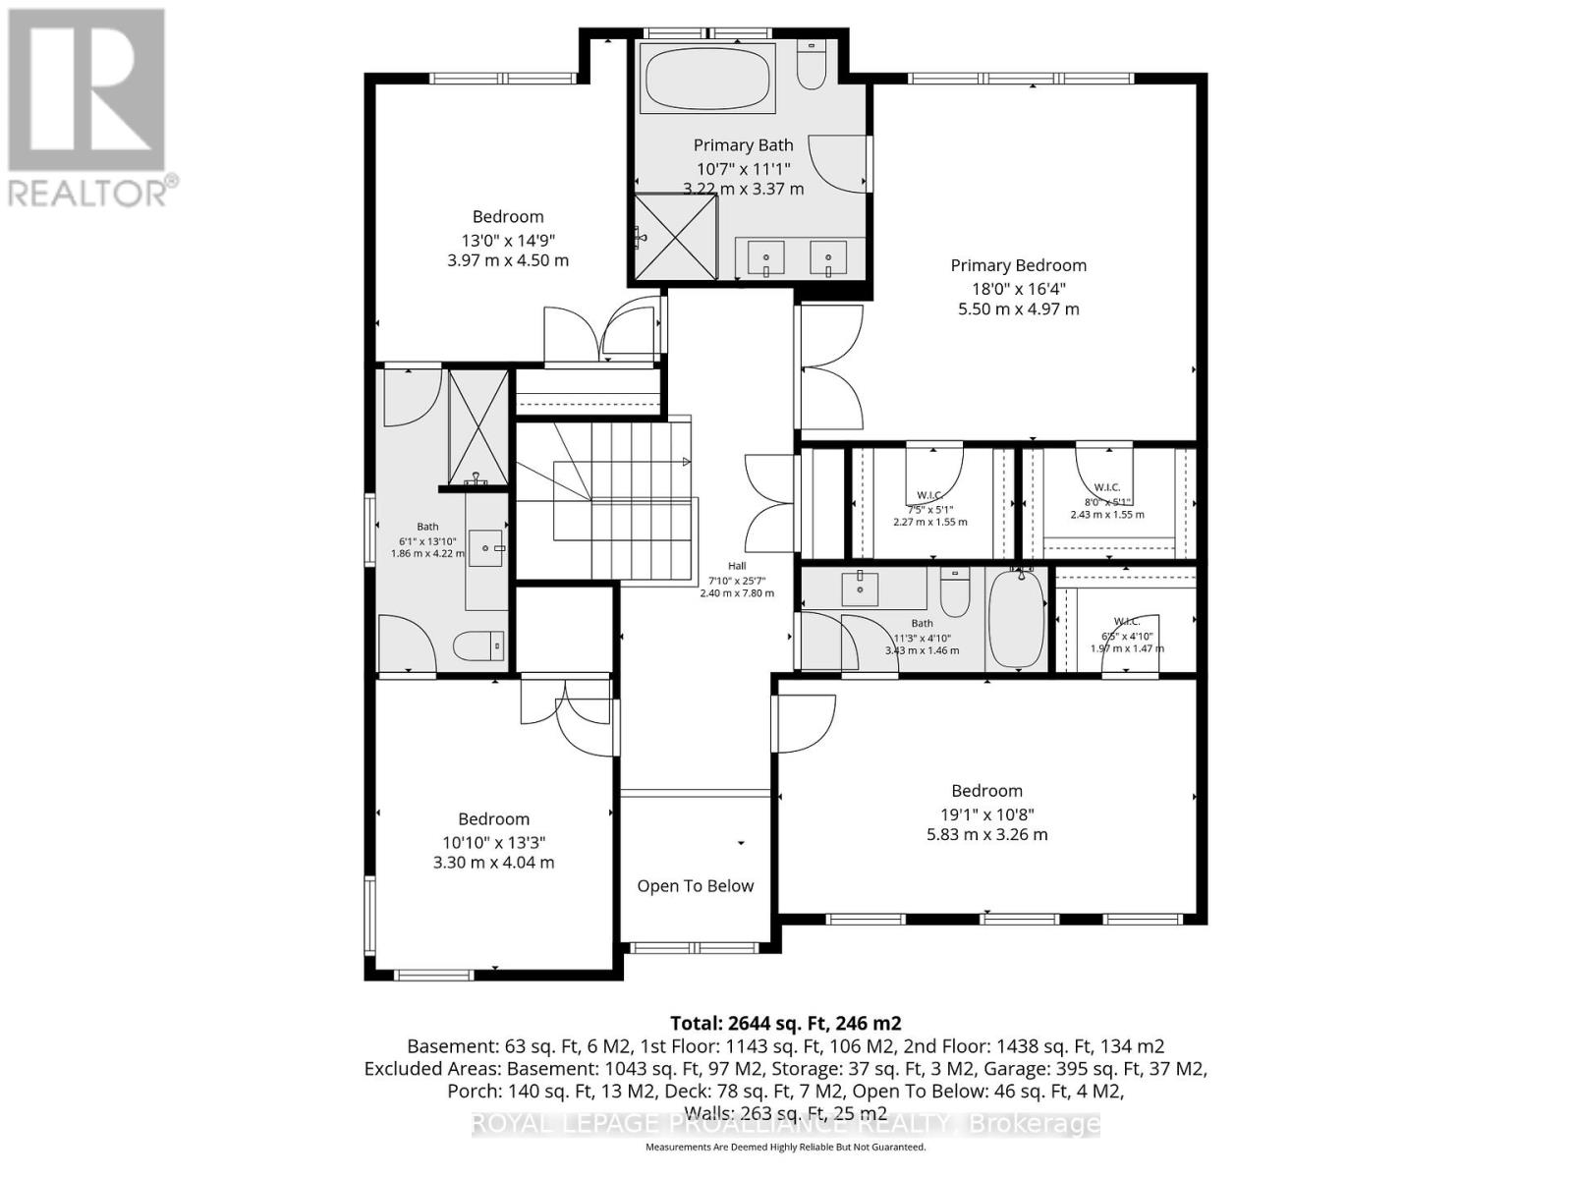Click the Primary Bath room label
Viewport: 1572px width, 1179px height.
point(743,145)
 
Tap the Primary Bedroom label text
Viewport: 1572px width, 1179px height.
point(1018,265)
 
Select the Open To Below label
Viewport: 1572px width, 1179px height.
point(695,886)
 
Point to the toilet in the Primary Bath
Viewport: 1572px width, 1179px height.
point(812,65)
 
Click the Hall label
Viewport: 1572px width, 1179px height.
point(737,566)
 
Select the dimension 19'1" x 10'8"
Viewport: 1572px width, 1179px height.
point(986,814)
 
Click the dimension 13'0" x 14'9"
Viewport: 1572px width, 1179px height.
point(507,240)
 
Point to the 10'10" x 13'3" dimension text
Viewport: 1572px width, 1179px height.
point(493,842)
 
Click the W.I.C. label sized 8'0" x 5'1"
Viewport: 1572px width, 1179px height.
point(1106,487)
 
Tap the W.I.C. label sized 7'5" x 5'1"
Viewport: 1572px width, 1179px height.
point(929,495)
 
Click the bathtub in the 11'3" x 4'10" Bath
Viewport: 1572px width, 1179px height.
point(1016,619)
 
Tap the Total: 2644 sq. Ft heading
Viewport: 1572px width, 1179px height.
point(785,1023)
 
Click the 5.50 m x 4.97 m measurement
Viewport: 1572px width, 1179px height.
point(1018,309)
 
